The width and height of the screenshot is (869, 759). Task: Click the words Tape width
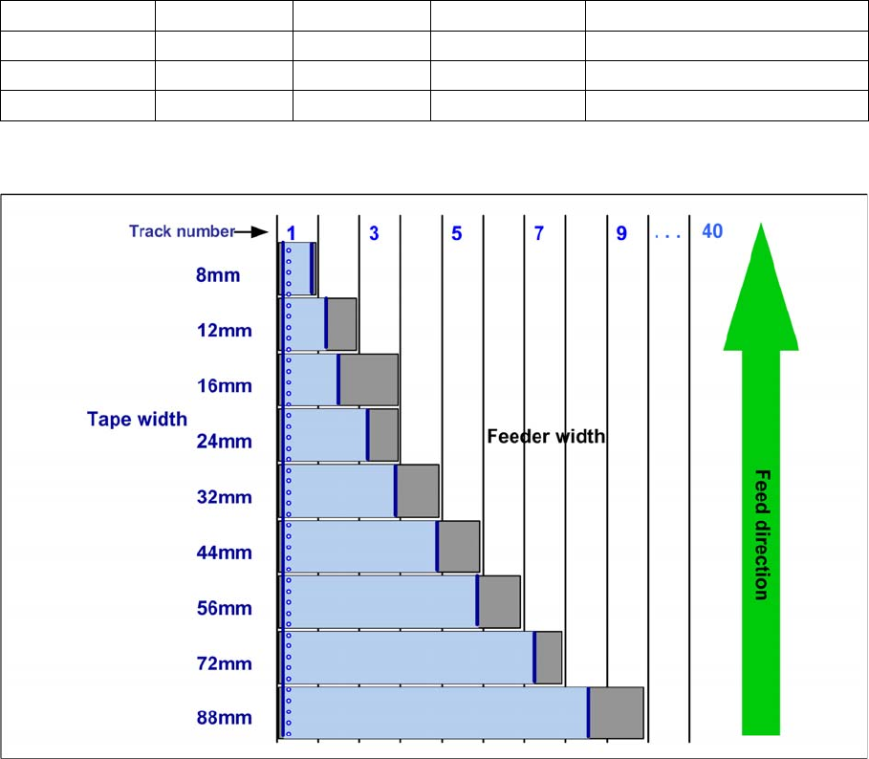click(137, 419)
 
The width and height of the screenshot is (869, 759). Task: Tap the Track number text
click(182, 231)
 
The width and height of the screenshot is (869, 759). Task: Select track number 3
click(374, 232)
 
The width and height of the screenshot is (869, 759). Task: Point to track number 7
click(538, 232)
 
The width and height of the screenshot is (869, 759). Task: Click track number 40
click(712, 231)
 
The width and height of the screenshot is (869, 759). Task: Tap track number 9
click(621, 232)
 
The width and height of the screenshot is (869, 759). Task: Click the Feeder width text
click(546, 437)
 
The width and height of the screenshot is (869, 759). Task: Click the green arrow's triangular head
click(761, 287)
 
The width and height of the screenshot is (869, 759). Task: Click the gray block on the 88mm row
click(617, 712)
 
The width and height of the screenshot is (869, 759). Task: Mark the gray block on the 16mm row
click(368, 379)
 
